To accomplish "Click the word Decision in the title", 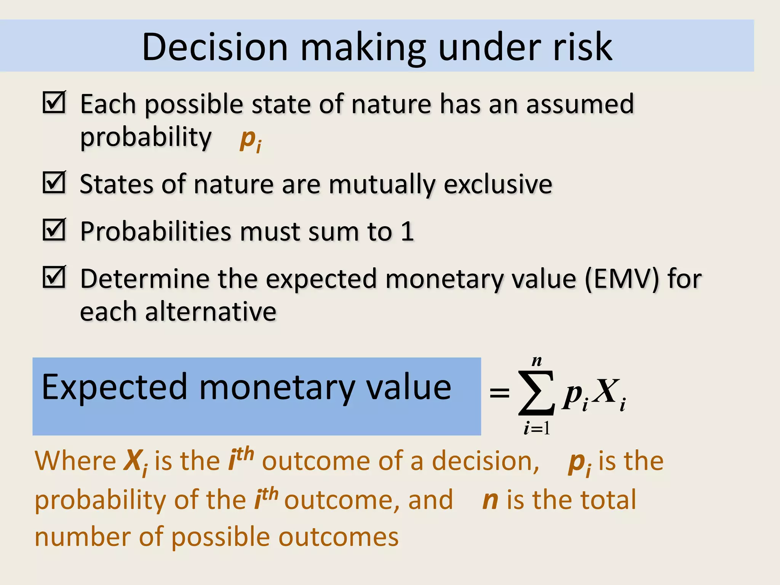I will tap(214, 47).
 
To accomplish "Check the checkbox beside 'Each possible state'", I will tap(54, 102).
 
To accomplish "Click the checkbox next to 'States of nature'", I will tap(54, 182).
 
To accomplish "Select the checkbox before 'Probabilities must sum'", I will tap(54, 230).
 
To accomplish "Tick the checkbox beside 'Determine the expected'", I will tap(54, 277).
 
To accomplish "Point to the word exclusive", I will tap(498, 185).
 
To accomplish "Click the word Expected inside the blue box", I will tap(114, 388).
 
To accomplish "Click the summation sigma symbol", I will tap(536, 393).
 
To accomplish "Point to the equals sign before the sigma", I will tap(499, 393).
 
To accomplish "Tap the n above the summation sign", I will tap(537, 361).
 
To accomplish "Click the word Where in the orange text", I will tap(75, 461).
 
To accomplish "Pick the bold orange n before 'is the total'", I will tap(490, 500).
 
